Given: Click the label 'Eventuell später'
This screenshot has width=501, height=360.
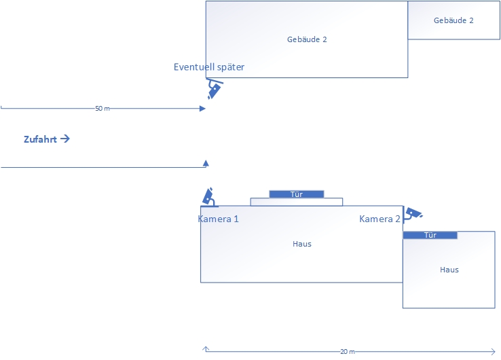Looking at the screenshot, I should (x=208, y=67).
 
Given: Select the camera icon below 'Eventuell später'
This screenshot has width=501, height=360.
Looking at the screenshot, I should (x=214, y=89).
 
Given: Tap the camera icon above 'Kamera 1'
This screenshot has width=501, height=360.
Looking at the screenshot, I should (x=209, y=197).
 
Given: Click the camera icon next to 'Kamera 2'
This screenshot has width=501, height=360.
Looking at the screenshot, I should (x=412, y=214).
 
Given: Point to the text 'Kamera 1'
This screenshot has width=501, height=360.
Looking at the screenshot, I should (x=218, y=219).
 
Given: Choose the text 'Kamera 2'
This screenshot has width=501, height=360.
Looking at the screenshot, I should (x=379, y=219).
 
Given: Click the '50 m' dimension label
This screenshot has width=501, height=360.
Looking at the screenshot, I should (x=103, y=109).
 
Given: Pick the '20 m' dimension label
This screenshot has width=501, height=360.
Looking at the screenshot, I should (x=347, y=352).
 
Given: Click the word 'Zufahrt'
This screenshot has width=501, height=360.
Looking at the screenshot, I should (x=40, y=139).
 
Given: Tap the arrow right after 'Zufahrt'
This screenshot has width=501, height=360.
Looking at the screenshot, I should (x=65, y=139).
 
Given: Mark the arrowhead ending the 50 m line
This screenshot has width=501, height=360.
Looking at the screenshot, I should (x=202, y=108).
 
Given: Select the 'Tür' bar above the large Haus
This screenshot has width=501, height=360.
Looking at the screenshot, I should (x=296, y=194).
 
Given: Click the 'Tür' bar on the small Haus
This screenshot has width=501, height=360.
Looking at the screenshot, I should (x=430, y=235).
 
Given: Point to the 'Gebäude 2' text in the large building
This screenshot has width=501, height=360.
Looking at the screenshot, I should (x=307, y=39).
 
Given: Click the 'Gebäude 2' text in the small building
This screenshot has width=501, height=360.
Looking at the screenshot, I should (x=453, y=20).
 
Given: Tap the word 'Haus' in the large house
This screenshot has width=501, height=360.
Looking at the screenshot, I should (x=302, y=243).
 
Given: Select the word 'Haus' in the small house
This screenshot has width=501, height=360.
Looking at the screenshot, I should (x=449, y=270).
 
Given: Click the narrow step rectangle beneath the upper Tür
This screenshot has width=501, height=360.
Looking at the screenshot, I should (x=297, y=202).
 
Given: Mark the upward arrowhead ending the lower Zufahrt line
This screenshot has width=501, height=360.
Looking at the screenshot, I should (x=206, y=163).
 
